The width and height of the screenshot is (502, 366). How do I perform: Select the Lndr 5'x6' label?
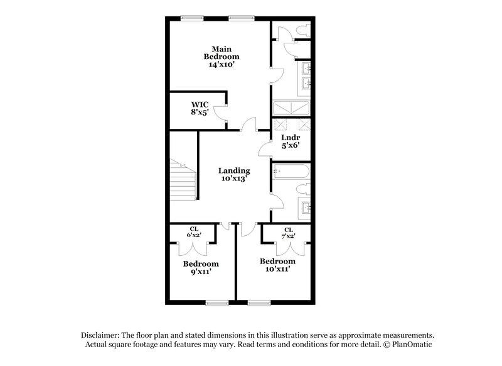(x=290, y=141)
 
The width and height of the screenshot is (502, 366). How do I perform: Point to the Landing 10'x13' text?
(x=234, y=174)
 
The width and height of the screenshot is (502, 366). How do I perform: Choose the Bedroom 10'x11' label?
(x=277, y=265)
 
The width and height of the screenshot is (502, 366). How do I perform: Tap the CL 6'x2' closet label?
(x=194, y=232)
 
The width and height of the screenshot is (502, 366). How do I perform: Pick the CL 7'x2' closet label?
(x=289, y=233)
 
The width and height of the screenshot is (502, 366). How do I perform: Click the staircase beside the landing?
(x=183, y=182)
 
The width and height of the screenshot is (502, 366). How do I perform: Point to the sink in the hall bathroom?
(x=306, y=207)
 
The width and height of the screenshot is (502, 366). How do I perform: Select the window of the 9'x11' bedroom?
(x=216, y=303)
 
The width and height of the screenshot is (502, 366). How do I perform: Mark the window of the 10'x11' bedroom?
(x=257, y=303)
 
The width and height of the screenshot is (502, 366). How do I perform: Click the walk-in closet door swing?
(x=221, y=112)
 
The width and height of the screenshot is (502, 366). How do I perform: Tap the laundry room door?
(x=265, y=148)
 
